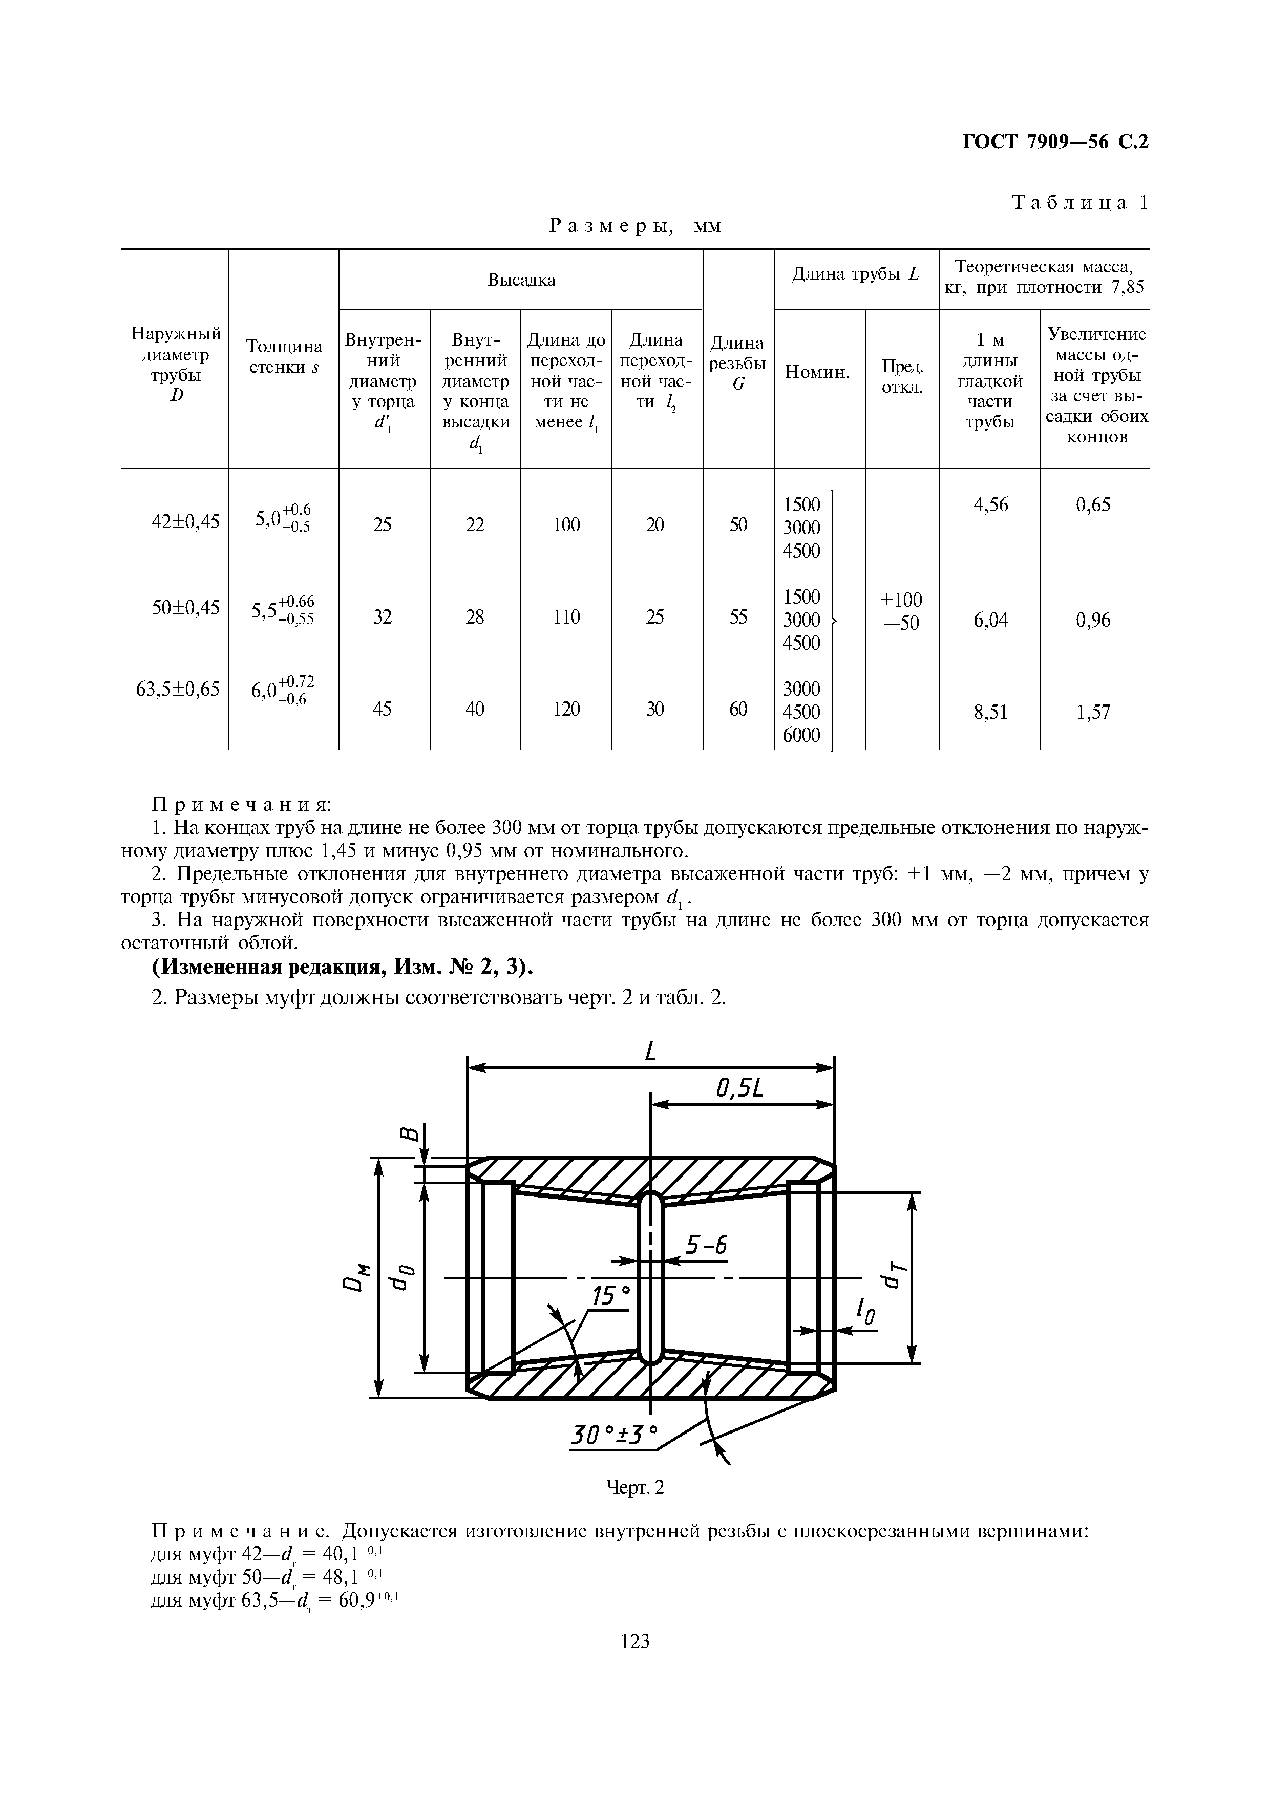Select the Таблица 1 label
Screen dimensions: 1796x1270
click(1080, 203)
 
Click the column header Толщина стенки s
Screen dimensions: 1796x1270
click(284, 356)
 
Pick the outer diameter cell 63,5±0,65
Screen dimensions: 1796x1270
click(178, 689)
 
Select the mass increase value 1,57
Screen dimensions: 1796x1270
click(1093, 712)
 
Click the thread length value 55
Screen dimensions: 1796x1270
click(738, 617)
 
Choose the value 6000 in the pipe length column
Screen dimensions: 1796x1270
click(801, 735)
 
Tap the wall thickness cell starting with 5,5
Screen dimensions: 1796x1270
click(282, 609)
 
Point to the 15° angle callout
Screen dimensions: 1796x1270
click(610, 1296)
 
